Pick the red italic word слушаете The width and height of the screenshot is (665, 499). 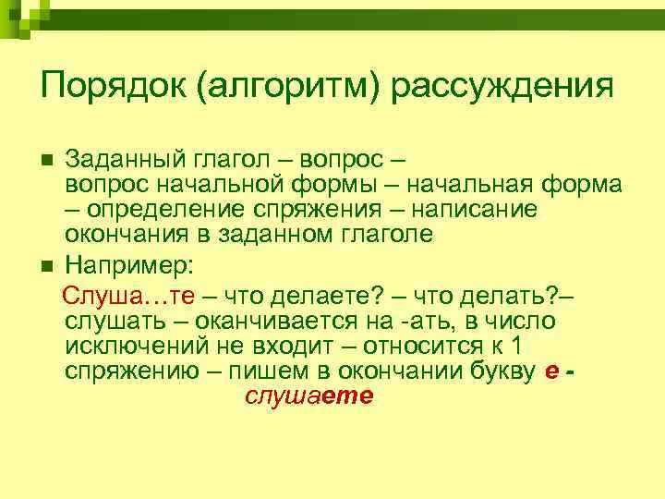308,396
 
